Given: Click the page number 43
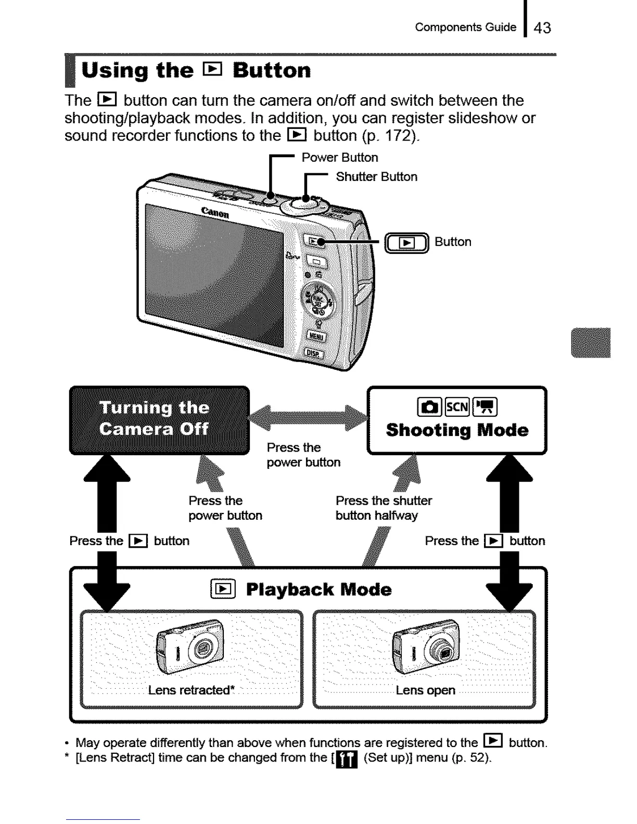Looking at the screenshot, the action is coord(542,28).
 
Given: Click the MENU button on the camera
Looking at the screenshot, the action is coord(316,336).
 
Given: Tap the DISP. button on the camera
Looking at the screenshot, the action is coord(313,354).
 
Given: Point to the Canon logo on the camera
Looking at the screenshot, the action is coord(215,212).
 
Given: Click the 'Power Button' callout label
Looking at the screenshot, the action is coord(340,158).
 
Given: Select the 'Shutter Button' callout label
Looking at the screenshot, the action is coord(377,177).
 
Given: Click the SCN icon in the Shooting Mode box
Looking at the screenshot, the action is coord(457,407).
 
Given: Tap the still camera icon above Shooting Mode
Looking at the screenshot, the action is coord(429,407).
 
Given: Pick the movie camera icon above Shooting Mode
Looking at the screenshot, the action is coord(485,407).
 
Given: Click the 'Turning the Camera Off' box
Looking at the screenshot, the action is coord(159,420).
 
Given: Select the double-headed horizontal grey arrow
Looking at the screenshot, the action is coord(308,418).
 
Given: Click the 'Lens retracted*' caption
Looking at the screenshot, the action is coord(191,690).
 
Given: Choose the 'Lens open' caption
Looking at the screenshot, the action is coord(425,690).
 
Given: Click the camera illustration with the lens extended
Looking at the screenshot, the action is coord(426,647).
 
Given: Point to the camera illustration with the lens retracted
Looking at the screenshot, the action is coord(190,647).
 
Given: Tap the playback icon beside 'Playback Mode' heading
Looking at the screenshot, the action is coord(223,589).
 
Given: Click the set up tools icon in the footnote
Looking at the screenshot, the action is coord(347,759).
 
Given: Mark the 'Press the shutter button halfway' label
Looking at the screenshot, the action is coord(384,508).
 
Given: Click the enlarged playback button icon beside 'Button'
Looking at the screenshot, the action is coord(406,243).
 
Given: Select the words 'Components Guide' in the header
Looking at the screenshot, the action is coord(465,27).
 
